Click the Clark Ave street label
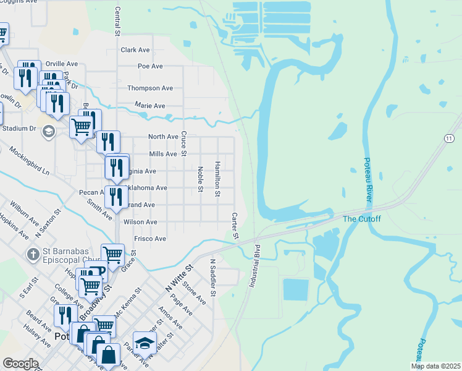coord(135,50)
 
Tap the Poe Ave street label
coord(150,66)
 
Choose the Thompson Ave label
coord(150,88)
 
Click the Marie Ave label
coord(150,106)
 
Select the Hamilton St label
coord(217,179)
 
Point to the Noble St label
coord(200,179)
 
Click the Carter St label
coord(235,226)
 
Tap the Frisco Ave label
coord(150,239)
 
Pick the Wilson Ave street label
coord(140,222)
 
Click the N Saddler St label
coord(212,278)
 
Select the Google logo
coord(20,364)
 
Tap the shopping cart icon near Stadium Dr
coord(82,127)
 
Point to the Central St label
coord(117,21)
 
